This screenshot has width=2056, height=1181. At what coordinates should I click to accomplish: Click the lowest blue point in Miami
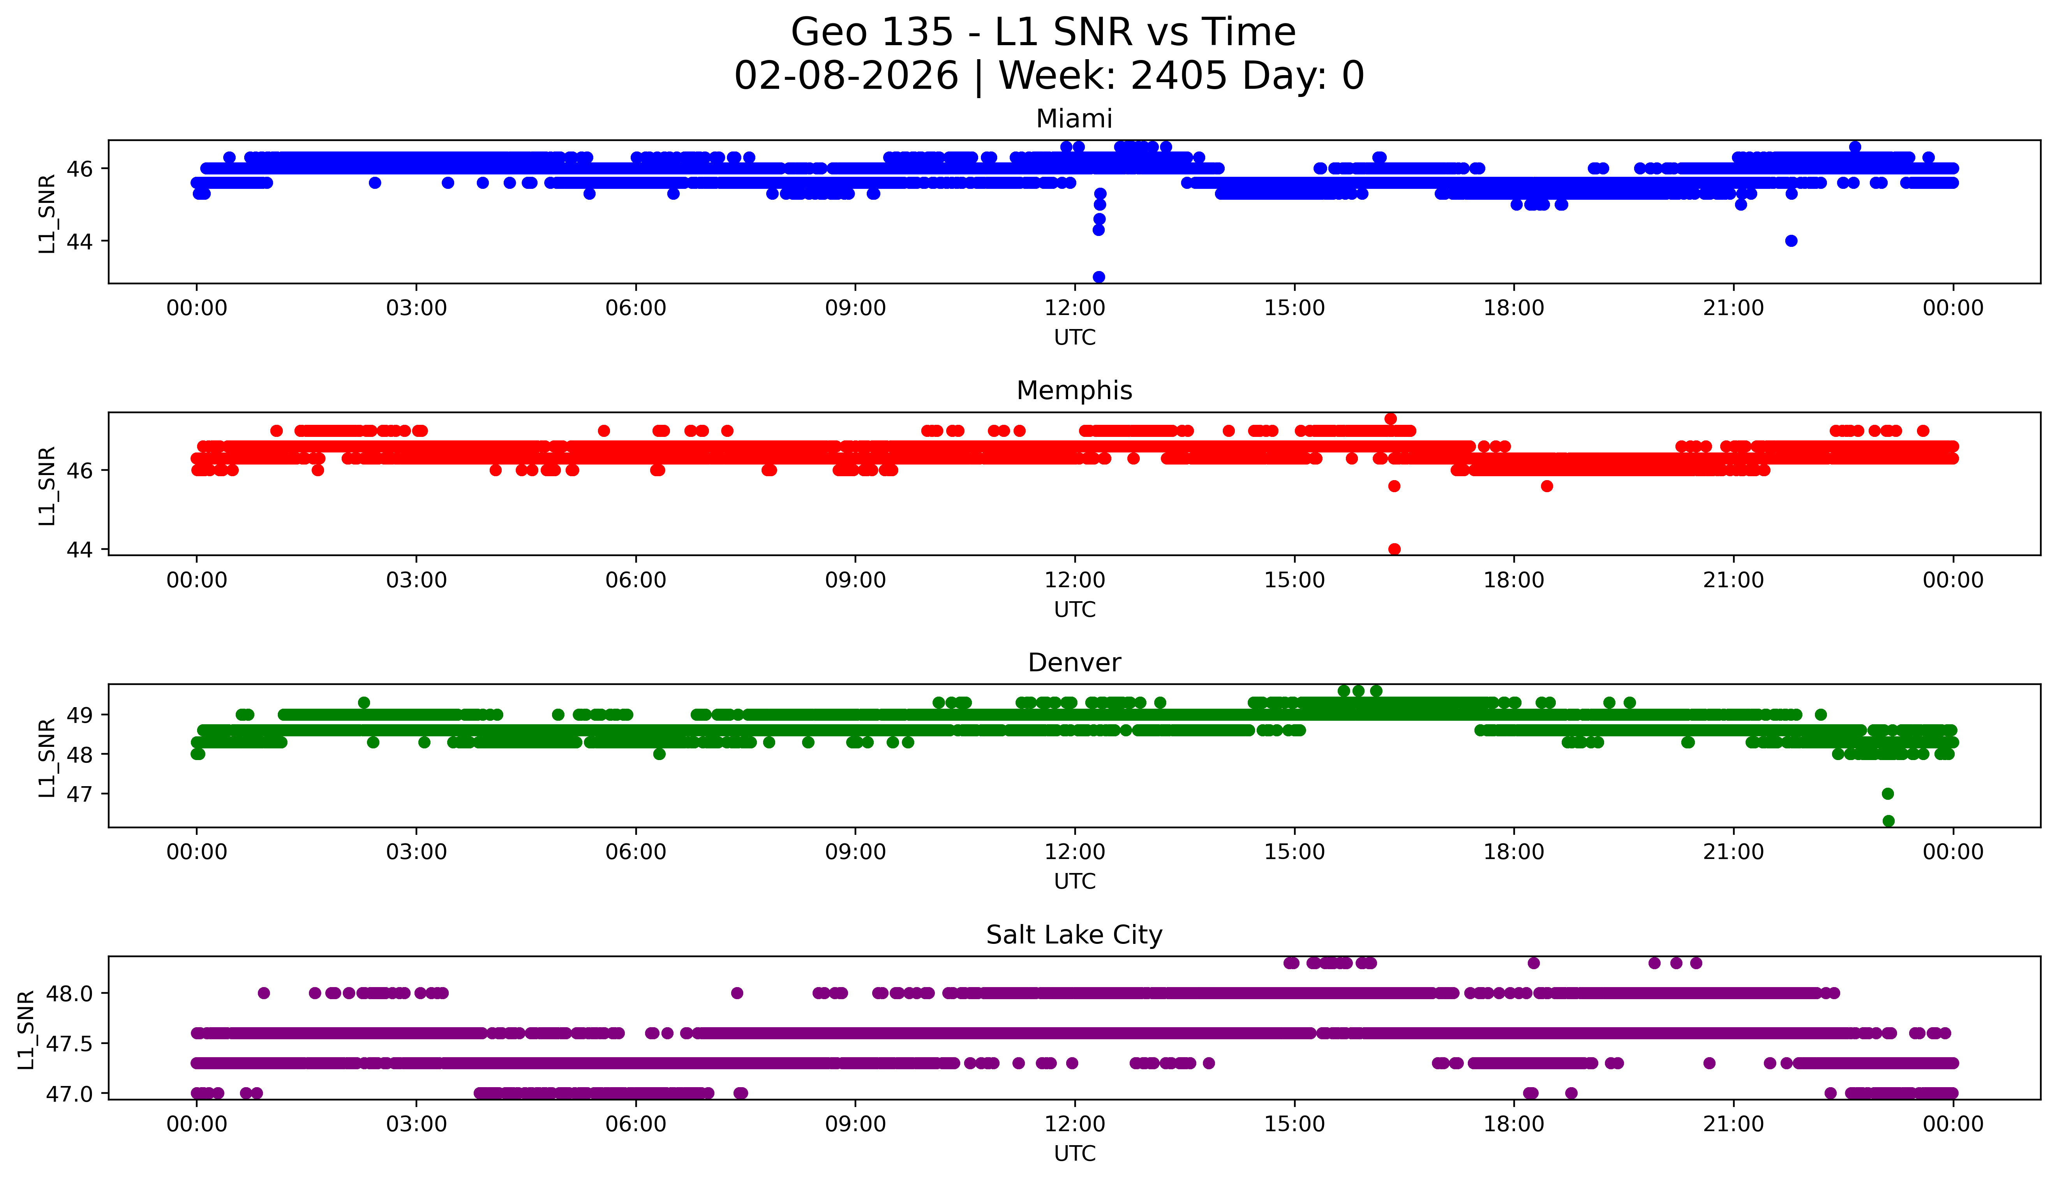[1099, 276]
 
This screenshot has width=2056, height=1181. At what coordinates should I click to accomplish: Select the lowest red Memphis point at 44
[1394, 549]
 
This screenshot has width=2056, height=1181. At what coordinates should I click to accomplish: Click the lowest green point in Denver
[1888, 821]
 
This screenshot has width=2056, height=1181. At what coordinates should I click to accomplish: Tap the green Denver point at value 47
[1888, 793]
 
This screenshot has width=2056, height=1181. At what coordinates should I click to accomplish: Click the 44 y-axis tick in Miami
[84, 241]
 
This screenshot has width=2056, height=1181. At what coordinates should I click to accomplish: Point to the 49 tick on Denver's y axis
[84, 715]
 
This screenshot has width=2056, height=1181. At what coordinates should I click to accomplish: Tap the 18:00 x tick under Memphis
[1514, 580]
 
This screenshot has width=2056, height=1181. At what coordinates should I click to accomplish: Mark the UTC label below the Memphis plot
[1074, 609]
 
